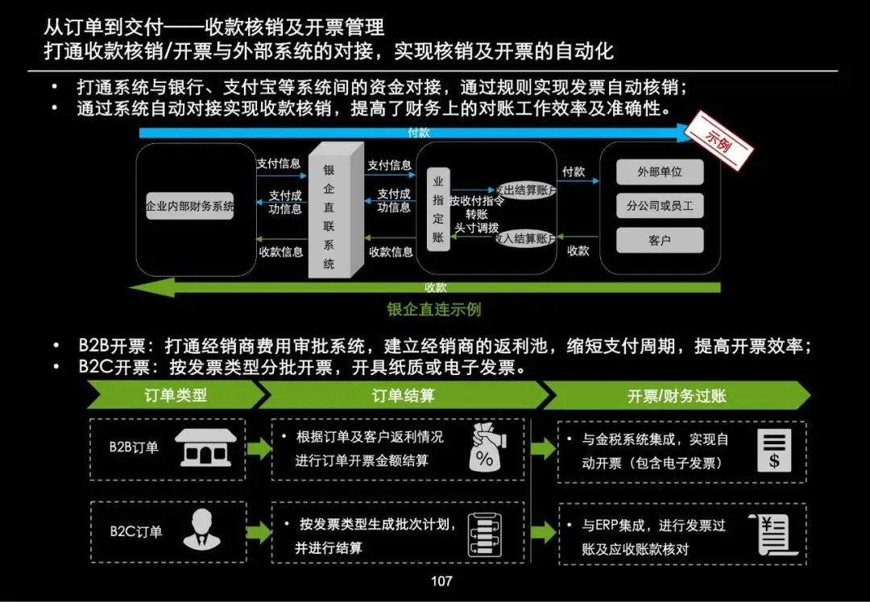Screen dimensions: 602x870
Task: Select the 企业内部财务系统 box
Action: [190, 206]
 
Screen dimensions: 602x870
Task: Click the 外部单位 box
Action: [660, 172]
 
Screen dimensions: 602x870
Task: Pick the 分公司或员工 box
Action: [660, 206]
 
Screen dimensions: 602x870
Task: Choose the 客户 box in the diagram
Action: [660, 240]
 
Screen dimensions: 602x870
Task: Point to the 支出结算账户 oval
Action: [524, 190]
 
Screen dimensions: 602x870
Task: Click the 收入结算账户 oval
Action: [524, 238]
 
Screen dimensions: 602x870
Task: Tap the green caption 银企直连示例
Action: [433, 309]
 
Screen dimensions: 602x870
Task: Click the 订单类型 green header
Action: [176, 395]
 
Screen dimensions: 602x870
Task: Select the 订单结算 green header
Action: [403, 395]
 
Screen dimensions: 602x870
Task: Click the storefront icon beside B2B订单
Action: [206, 447]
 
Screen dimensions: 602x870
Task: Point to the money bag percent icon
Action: [485, 449]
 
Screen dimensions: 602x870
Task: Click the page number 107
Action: [441, 581]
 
